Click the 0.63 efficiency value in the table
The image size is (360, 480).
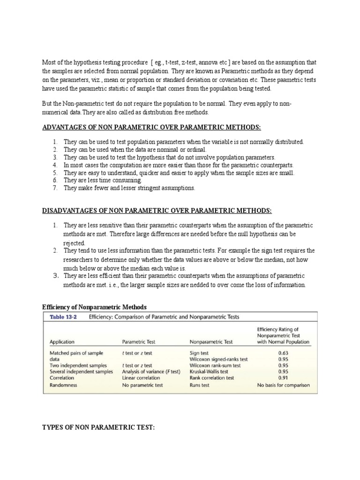point(283,352)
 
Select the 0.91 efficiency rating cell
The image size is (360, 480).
point(283,377)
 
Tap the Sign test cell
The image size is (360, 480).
point(199,352)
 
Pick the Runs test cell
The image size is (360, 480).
point(200,385)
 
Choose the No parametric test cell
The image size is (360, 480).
point(142,385)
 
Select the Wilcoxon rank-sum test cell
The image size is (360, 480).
point(215,365)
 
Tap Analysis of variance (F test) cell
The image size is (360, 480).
point(151,371)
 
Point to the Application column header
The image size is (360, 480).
point(62,342)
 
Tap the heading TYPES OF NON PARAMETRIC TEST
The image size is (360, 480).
point(98,427)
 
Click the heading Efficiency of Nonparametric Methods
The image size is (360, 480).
point(95,307)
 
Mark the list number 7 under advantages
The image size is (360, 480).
point(55,188)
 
